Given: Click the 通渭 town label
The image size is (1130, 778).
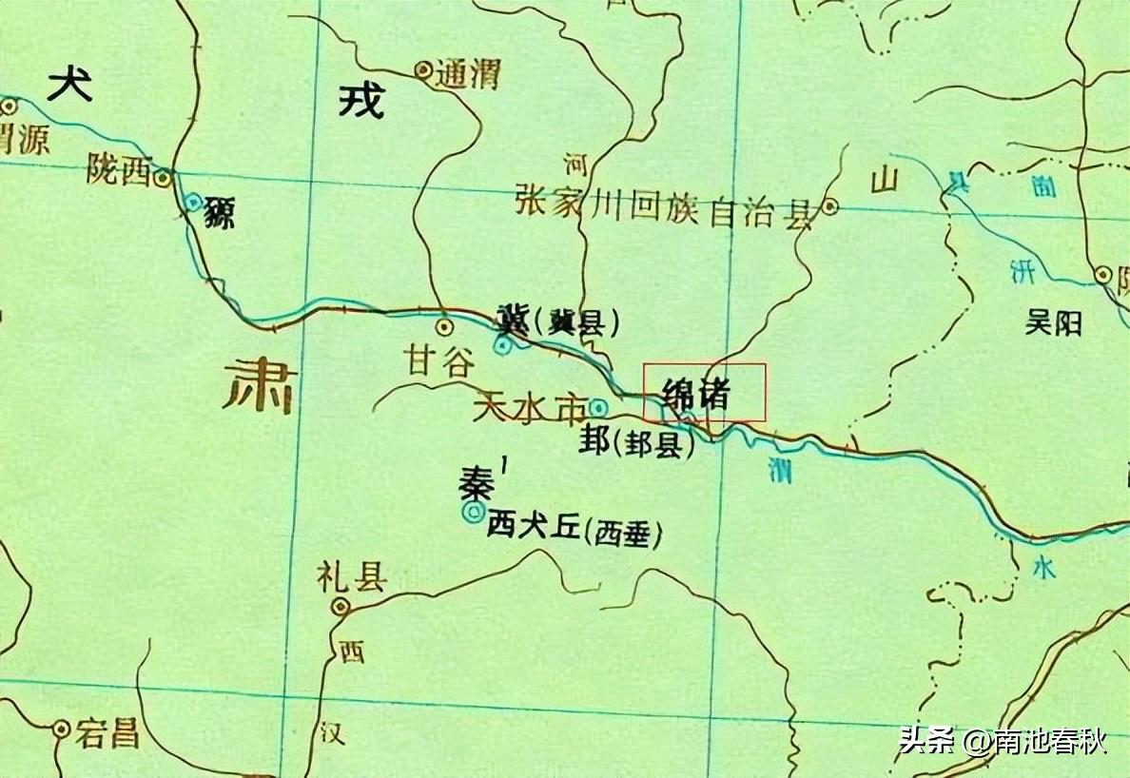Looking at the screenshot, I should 467,74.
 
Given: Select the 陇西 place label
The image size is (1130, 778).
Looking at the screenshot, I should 119,170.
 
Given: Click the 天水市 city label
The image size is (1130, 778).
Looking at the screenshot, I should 529,410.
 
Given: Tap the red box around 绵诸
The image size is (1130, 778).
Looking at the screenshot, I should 705,392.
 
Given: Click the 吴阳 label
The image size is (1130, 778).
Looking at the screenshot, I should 1054,324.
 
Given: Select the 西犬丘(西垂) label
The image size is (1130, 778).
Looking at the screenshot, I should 574,531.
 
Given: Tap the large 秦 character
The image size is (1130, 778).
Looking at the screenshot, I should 475,484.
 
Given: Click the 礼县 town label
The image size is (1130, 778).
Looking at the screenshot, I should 351,578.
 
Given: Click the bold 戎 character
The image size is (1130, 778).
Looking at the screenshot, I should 361,99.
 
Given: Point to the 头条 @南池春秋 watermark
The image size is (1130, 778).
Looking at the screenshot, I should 1003,741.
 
